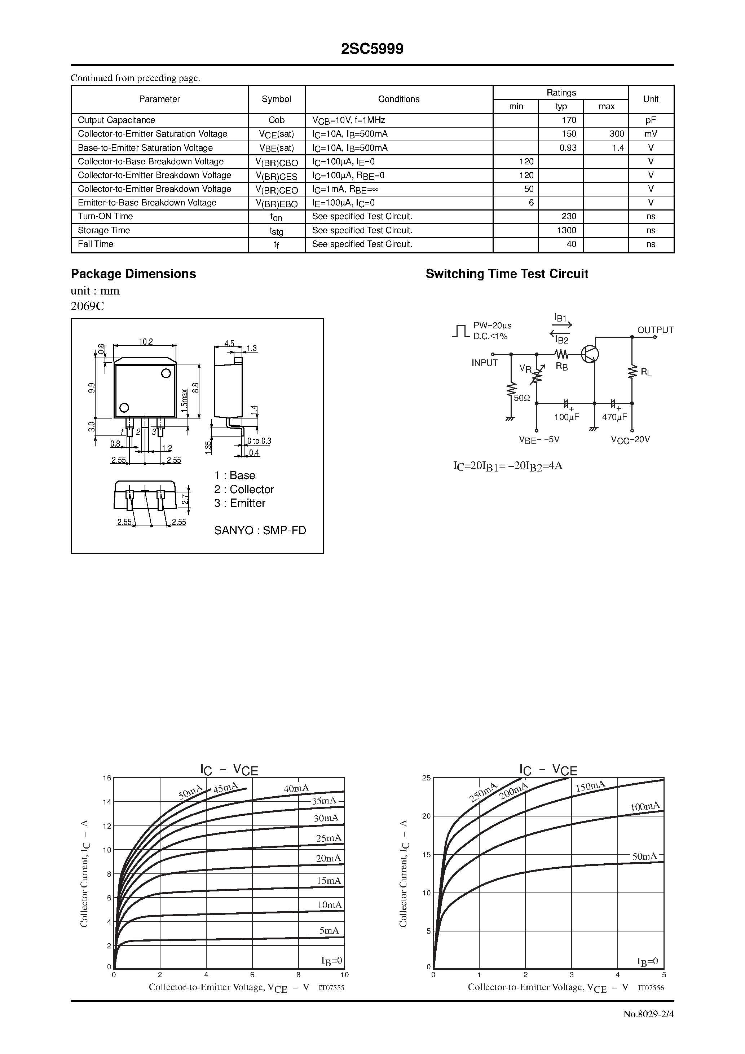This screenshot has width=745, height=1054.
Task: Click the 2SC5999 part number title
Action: [372, 49]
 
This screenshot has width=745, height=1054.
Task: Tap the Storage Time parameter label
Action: [104, 230]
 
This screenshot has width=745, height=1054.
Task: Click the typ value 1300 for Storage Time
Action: [567, 230]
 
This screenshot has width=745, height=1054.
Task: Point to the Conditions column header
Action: [399, 99]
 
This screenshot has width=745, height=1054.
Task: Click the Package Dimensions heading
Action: [133, 274]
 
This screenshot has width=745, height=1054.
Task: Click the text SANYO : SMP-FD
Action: [260, 531]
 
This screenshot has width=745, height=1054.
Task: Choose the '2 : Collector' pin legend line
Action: [244, 490]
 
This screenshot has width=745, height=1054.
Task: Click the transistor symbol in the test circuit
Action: [590, 354]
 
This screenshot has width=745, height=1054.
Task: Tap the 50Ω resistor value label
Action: [522, 398]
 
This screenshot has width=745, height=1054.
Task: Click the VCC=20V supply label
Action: [630, 440]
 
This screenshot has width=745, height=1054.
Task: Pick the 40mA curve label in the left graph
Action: [296, 789]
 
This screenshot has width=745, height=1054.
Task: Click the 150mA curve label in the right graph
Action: [590, 787]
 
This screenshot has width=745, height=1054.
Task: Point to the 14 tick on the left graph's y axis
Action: [107, 802]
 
